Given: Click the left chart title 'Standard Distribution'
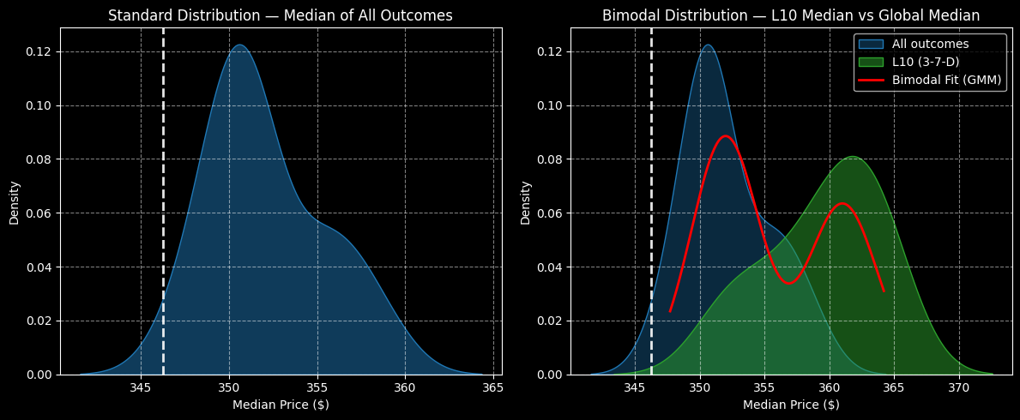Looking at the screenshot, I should click(x=280, y=15).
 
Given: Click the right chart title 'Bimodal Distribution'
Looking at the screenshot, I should click(x=790, y=15).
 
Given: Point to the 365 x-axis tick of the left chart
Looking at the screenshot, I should click(x=493, y=387).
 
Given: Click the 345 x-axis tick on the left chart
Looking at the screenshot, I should click(x=141, y=387).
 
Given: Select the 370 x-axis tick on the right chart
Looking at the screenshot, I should click(x=959, y=387).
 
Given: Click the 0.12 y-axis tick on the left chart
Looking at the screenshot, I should click(x=39, y=51).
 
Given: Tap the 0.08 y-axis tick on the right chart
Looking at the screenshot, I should click(x=549, y=159).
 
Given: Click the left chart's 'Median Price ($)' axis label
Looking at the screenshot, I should click(x=281, y=405).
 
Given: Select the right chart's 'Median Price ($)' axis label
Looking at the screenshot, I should click(x=791, y=405).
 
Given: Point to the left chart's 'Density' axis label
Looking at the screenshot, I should click(x=15, y=202).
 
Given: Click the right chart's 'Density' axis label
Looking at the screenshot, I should click(x=525, y=202).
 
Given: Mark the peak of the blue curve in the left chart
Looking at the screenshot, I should click(x=239, y=45).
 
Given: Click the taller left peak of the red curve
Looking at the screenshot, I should click(x=726, y=135).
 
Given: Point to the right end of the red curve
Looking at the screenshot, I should click(x=884, y=292).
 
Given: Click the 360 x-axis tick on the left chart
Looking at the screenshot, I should click(x=405, y=387).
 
